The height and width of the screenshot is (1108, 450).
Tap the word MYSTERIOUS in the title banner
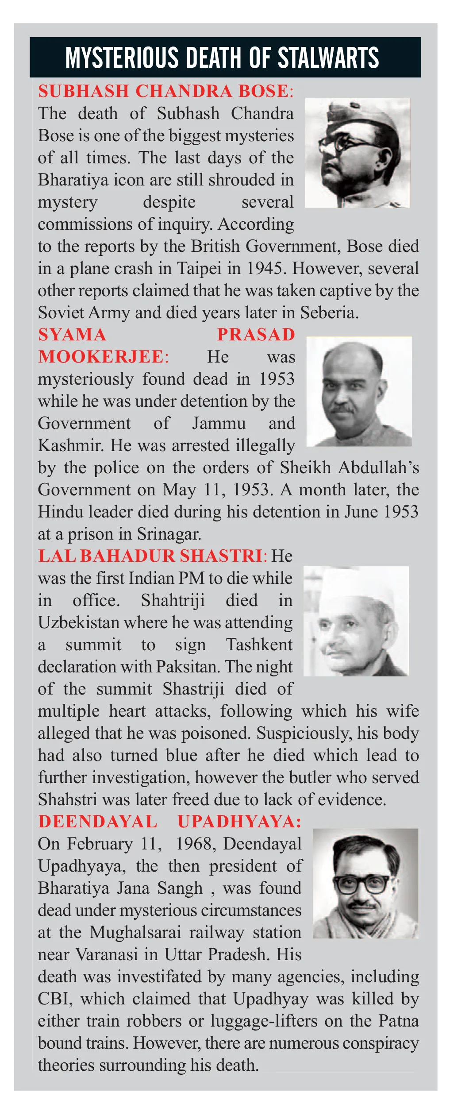(x=122, y=58)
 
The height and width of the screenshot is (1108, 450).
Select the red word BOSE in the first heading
(x=264, y=91)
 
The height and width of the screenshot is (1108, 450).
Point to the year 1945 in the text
(x=264, y=268)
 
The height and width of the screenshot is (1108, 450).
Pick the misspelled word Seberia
(x=329, y=313)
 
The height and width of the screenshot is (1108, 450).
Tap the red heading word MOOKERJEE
(x=101, y=357)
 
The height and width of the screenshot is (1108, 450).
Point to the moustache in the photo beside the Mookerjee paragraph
(x=343, y=408)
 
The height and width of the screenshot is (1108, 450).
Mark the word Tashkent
(x=259, y=645)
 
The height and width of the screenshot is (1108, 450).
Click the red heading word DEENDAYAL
(x=98, y=822)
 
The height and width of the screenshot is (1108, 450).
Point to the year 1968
(x=195, y=844)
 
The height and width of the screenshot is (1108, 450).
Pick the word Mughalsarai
(x=135, y=932)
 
